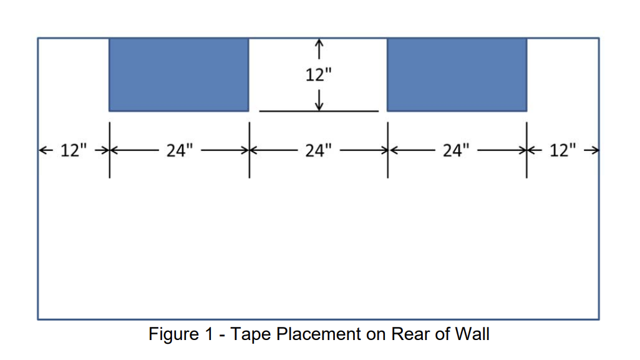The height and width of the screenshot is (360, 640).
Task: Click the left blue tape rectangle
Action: coord(178,74)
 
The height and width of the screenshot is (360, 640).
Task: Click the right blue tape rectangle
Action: coord(457,74)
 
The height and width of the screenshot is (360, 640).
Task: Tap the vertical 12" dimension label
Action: coord(319,75)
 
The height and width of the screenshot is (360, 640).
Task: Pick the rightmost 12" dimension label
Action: coord(563,150)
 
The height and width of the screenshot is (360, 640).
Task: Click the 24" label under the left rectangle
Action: coord(180,150)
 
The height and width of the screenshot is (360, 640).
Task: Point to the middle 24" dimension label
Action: coord(319,150)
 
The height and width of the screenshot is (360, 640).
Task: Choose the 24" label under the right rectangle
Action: coord(457,150)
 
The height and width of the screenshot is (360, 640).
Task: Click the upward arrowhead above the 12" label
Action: coord(319,44)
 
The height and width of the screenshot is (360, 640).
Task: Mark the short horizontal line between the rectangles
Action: coord(319,112)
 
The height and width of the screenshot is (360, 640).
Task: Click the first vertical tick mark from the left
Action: coord(110,150)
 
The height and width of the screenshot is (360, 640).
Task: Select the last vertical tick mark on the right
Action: coord(526,150)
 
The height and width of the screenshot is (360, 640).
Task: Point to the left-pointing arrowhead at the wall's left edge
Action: coord(42,150)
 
